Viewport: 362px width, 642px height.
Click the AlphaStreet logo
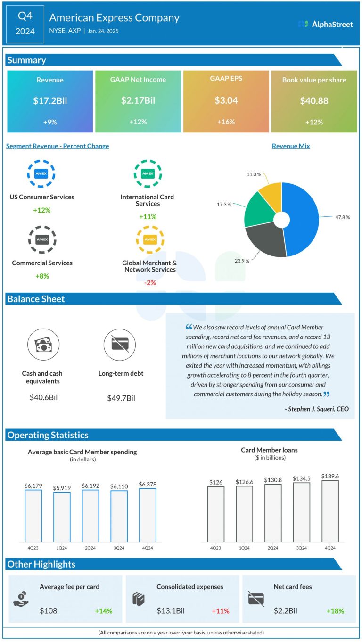[x=326, y=24]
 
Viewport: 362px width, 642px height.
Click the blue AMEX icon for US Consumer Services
[x=41, y=173]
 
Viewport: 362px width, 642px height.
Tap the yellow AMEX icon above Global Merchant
[x=150, y=239]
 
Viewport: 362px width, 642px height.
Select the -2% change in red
[x=150, y=283]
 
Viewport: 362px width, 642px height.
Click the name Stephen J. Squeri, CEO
[x=317, y=409]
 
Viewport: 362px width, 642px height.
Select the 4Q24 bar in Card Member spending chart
[x=148, y=515]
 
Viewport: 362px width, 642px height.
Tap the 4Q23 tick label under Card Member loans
[x=215, y=548]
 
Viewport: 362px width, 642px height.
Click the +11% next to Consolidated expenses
[x=220, y=611]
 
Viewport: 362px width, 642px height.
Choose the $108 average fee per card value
[x=49, y=611]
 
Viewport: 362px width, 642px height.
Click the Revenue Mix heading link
[x=291, y=146]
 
